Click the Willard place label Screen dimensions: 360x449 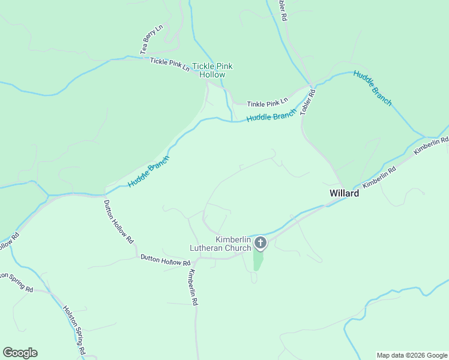(344, 193)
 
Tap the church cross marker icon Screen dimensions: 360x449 (260, 243)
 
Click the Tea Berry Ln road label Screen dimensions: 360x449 (152, 40)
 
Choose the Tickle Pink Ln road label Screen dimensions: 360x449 (170, 64)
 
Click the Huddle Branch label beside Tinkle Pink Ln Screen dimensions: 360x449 (271, 116)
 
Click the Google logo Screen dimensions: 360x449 (20, 353)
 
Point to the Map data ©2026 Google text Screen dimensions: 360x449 (412, 355)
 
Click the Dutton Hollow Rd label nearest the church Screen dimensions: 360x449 (165, 260)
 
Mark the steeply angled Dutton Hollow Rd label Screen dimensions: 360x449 (118, 221)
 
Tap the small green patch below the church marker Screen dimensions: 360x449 (258, 260)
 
